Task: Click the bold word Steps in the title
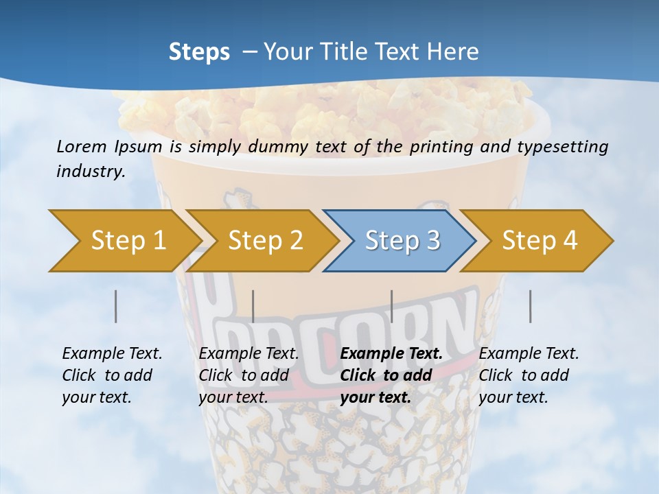pyautogui.click(x=199, y=52)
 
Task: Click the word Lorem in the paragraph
pyautogui.click(x=82, y=146)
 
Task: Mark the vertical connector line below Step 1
pyautogui.click(x=116, y=306)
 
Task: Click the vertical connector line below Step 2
pyautogui.click(x=253, y=306)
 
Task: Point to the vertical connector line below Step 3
pyautogui.click(x=391, y=306)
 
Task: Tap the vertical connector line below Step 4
pyautogui.click(x=530, y=306)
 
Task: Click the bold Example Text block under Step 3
pyautogui.click(x=389, y=375)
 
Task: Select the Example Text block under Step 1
pyautogui.click(x=111, y=375)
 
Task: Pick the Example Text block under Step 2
pyautogui.click(x=248, y=375)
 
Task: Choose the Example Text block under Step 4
pyautogui.click(x=528, y=375)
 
